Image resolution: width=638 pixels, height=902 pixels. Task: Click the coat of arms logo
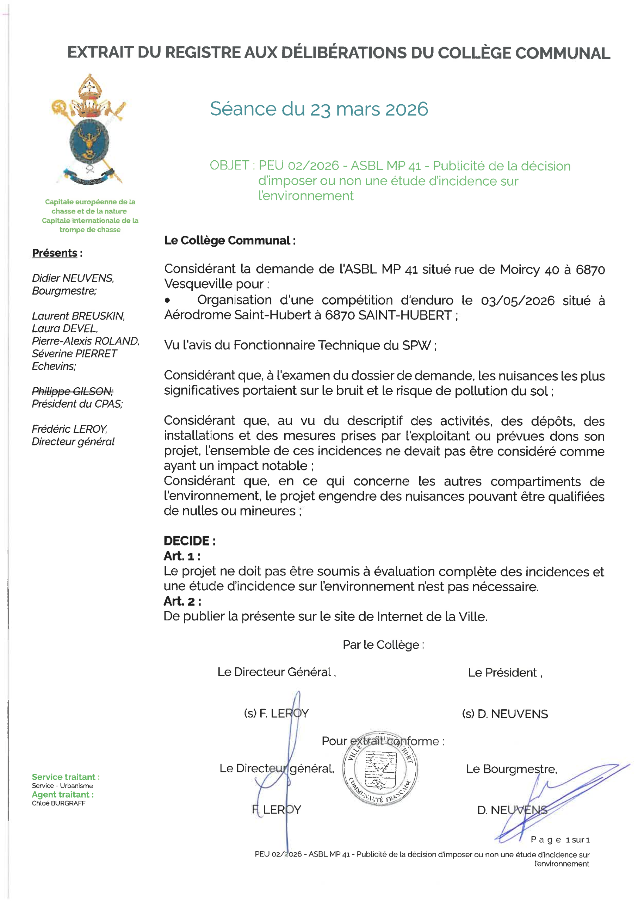(89, 130)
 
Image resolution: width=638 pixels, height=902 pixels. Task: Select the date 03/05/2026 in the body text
(518, 301)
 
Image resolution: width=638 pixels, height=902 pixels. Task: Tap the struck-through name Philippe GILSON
(72, 391)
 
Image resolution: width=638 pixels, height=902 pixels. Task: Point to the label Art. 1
(182, 556)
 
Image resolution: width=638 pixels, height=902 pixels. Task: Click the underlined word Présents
(55, 253)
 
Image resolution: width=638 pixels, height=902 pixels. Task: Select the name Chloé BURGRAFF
(58, 803)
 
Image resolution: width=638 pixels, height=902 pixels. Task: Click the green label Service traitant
(65, 777)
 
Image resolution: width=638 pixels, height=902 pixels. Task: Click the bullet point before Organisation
(168, 301)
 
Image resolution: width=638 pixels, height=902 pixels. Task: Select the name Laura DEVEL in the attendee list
(65, 328)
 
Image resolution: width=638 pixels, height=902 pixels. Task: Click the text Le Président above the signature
(504, 673)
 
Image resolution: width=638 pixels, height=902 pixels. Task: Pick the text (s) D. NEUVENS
(504, 714)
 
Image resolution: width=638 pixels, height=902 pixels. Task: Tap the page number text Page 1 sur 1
(560, 840)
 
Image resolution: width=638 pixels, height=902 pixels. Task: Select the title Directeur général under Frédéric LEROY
(73, 441)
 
